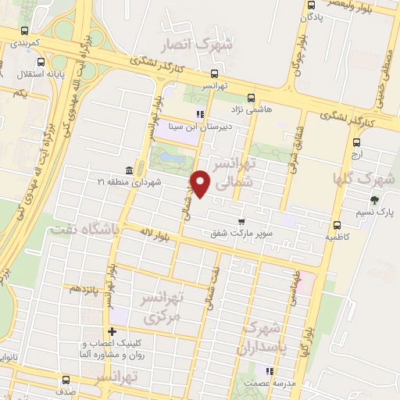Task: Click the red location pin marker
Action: [201, 184]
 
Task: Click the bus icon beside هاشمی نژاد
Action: [250, 98]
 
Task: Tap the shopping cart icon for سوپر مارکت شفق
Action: [241, 222]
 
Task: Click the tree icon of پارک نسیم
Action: [374, 199]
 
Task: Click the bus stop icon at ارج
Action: [356, 143]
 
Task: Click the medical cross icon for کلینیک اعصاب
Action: [113, 331]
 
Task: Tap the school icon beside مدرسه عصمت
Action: [270, 372]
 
